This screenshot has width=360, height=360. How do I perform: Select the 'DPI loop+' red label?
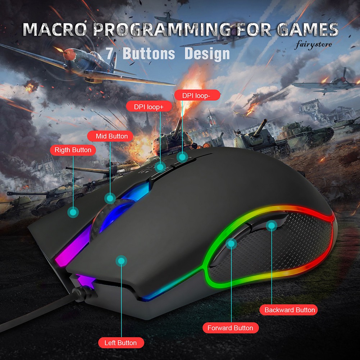[x=149, y=107]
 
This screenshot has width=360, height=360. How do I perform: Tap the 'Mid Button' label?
[x=111, y=136]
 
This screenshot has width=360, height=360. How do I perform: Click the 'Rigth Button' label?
[x=73, y=150]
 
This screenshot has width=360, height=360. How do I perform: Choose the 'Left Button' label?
[x=120, y=343]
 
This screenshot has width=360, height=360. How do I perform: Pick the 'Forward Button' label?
[x=230, y=328]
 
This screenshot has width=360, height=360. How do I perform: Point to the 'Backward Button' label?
[x=290, y=310]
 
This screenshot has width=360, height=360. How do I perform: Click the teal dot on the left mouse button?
[x=121, y=261]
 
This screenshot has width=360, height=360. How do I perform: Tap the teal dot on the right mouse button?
[x=73, y=213]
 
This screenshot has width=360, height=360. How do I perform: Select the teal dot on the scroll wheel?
[x=110, y=198]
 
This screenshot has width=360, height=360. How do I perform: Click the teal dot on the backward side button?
[x=271, y=226]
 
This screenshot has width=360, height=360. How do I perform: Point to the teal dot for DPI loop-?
[x=182, y=157]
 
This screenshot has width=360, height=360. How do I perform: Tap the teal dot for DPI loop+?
[x=160, y=167]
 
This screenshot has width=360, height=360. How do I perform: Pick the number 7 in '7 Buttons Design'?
[x=110, y=53]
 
